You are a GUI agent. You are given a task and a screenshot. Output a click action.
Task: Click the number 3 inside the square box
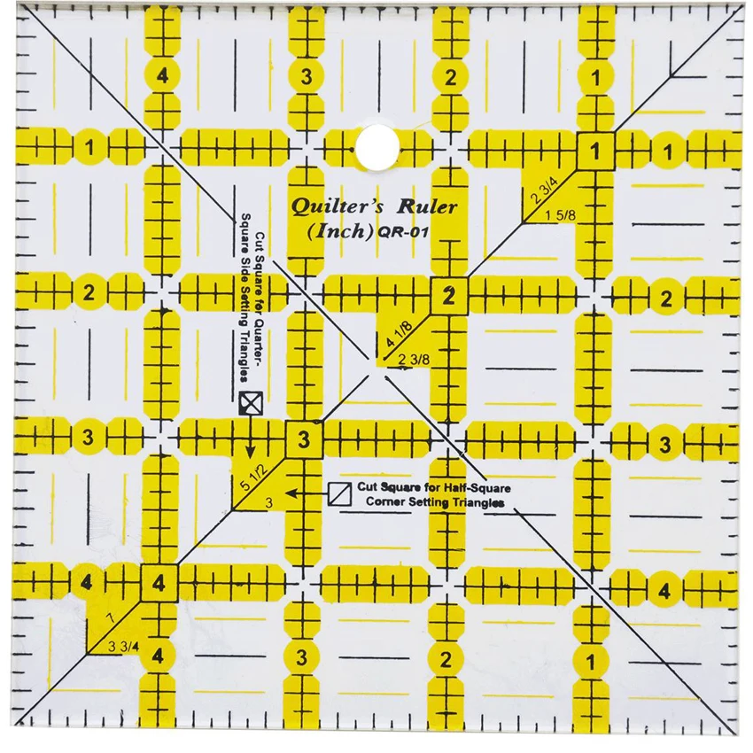tap(304, 439)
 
